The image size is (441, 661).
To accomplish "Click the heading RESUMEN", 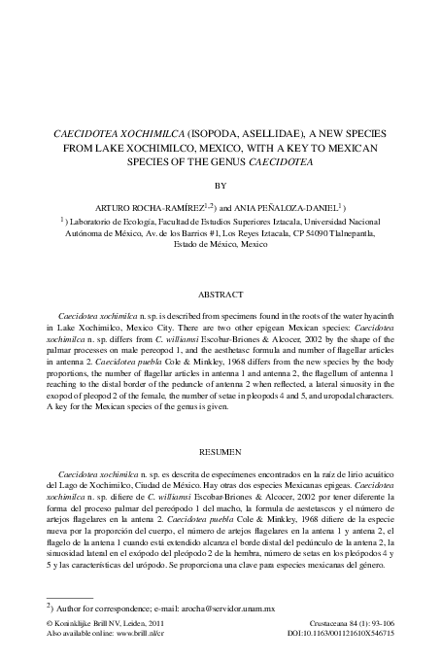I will pos(220,453).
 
